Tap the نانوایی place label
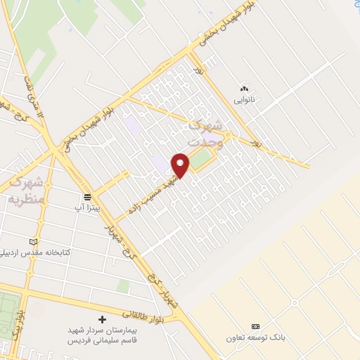245,101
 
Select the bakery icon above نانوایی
245,89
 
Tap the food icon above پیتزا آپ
87,197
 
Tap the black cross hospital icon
103,319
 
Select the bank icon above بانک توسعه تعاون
255,327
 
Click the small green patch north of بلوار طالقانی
124,286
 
